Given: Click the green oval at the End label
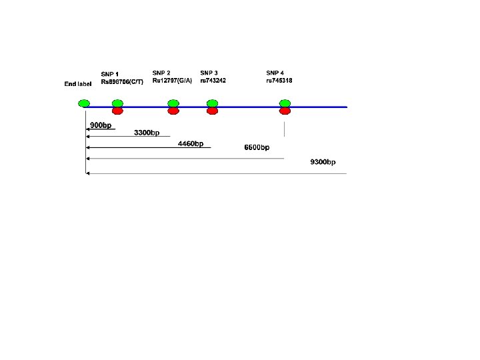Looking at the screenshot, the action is (84, 103).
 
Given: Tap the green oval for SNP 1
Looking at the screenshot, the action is (117, 103).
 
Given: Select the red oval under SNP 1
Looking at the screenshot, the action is (117, 111).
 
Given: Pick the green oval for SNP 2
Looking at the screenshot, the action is (173, 103).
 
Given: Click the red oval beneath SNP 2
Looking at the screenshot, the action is (173, 111).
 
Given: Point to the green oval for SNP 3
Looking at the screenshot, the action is (213, 103).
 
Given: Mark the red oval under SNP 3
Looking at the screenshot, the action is (213, 111).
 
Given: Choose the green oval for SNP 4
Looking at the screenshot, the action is (285, 103).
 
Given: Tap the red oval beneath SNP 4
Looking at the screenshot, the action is (285, 111).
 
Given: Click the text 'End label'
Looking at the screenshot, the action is (77, 84).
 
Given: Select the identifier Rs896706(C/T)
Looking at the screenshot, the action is (122, 81).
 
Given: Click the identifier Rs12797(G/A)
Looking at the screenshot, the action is (172, 81).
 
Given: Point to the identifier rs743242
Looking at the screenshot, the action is (213, 81).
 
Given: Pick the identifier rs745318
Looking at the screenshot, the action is (279, 81).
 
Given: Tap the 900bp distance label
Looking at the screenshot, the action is (101, 125).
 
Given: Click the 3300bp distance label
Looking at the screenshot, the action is (147, 133).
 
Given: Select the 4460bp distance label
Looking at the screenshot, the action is (191, 143).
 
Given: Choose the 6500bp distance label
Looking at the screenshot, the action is (257, 147).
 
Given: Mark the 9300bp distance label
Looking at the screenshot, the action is (323, 162).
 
